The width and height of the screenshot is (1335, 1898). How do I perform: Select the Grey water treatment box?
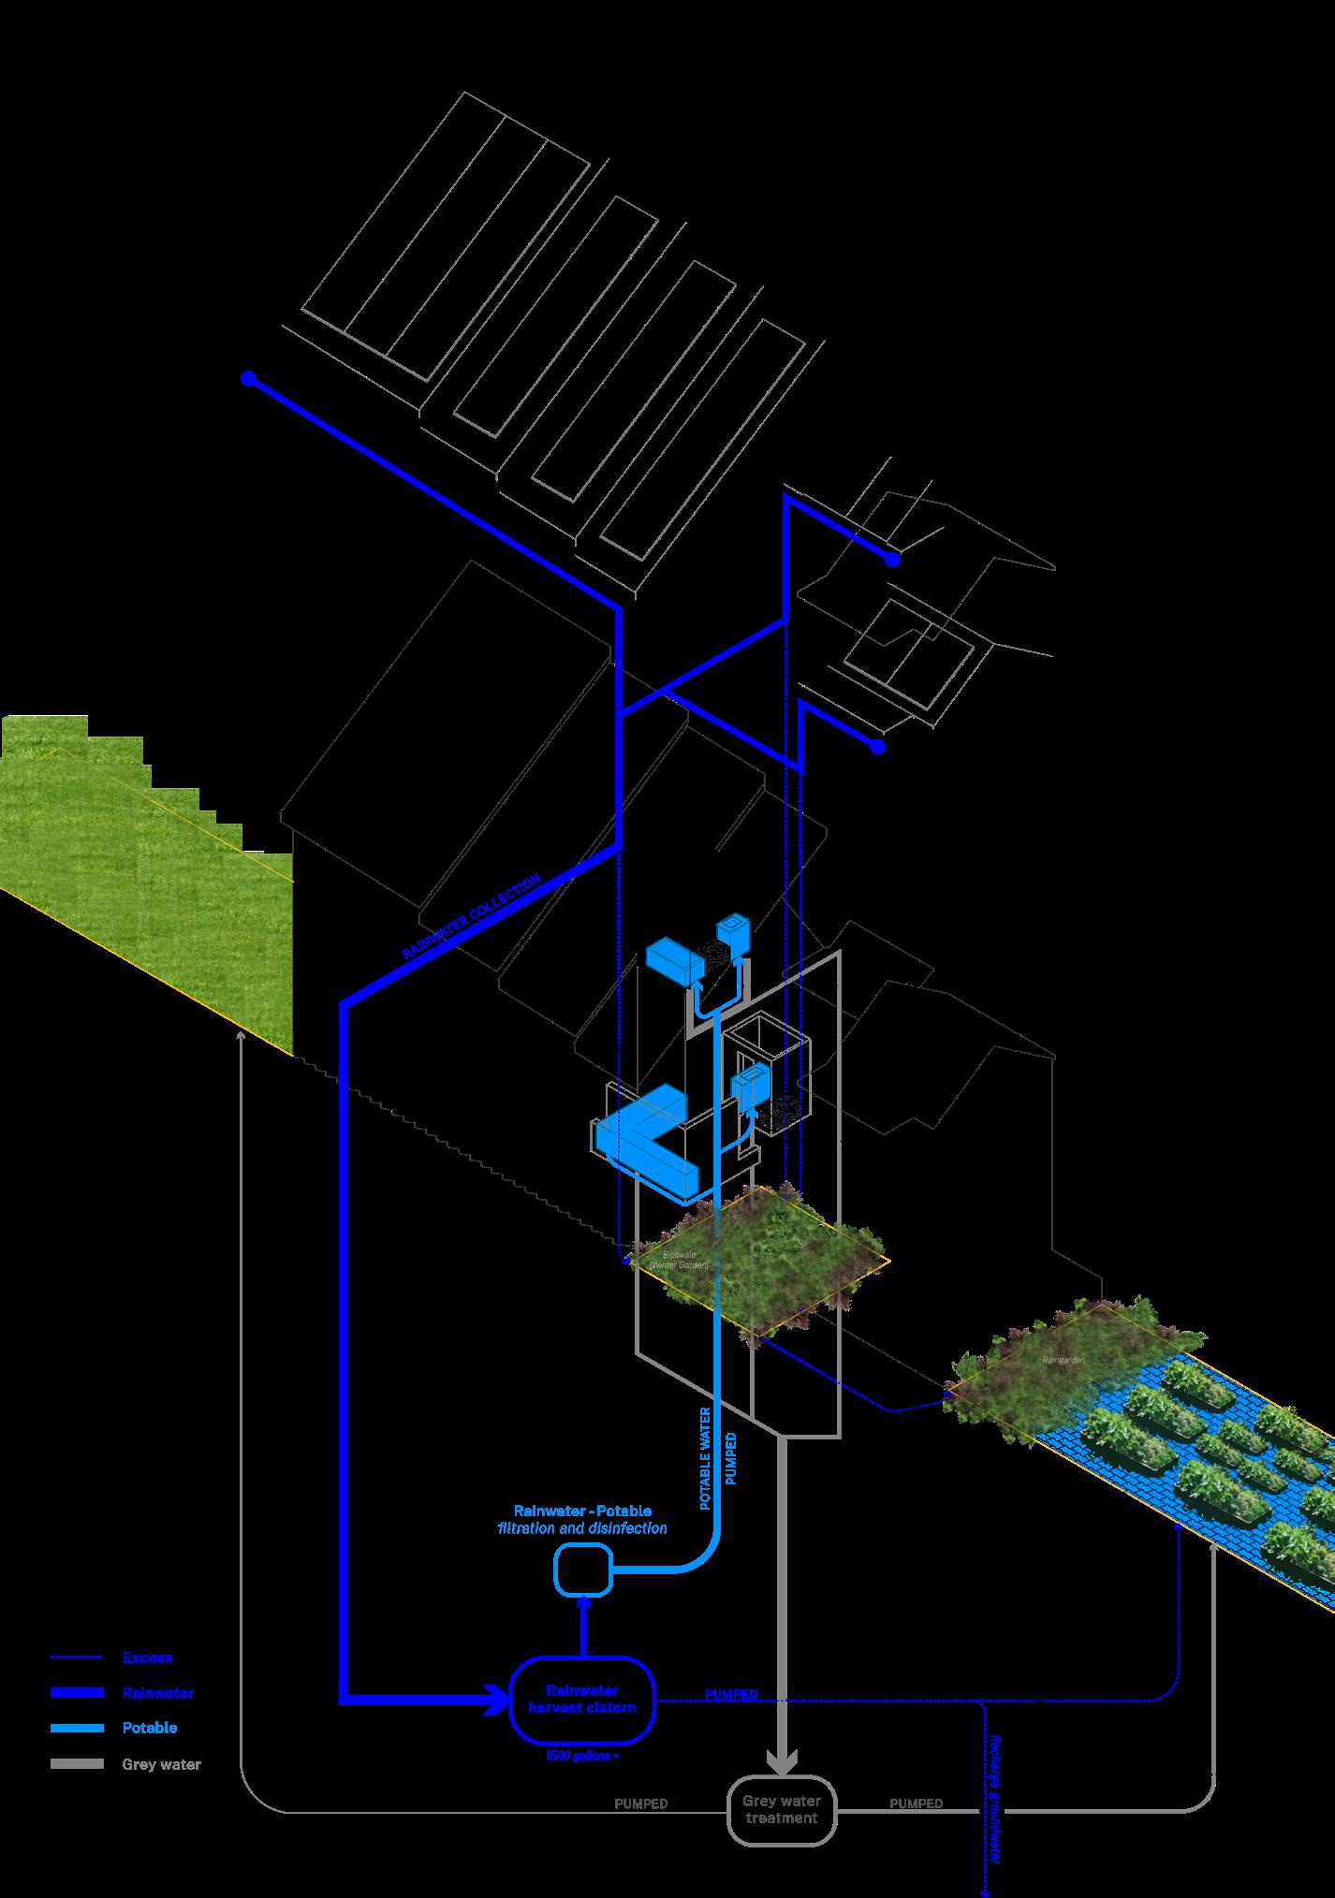click(x=781, y=1809)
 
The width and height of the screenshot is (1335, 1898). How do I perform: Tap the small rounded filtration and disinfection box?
click(x=582, y=1569)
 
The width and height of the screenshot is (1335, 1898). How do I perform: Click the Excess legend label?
click(x=147, y=1657)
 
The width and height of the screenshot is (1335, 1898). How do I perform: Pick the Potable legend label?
click(x=149, y=1728)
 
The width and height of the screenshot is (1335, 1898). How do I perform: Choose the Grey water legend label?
click(x=161, y=1764)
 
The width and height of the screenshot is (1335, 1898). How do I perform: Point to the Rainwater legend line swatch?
click(x=77, y=1693)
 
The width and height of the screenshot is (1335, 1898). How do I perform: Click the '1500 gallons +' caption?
click(x=581, y=1756)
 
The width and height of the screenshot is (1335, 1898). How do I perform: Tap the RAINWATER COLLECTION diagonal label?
click(x=471, y=917)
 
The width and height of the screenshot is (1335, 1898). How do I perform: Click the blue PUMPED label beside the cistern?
click(x=731, y=1695)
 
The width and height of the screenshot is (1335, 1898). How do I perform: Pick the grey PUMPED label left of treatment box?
click(x=640, y=1803)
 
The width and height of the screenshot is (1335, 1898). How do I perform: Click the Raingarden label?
click(x=1063, y=1359)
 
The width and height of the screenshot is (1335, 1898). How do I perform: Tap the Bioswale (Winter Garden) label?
click(x=679, y=1258)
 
